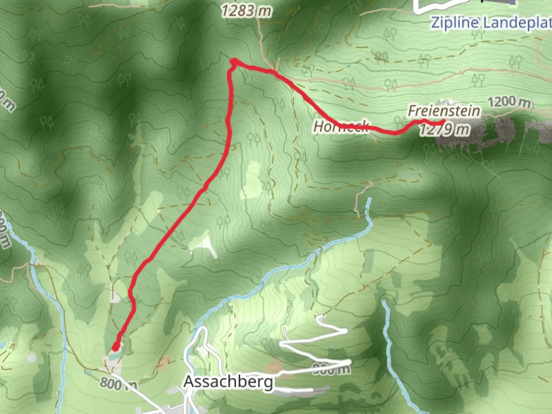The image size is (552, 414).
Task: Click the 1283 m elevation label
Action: point(246,11)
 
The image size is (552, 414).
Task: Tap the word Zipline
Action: point(455,23)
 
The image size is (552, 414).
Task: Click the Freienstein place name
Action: point(444,111)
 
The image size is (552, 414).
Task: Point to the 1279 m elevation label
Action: point(445,130)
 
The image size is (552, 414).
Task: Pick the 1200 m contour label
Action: point(509,102)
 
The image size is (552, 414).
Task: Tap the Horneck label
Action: point(341,126)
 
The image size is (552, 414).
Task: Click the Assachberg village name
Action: point(228,382)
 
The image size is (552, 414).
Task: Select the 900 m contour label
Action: point(331,369)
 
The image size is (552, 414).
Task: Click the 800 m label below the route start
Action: point(118,383)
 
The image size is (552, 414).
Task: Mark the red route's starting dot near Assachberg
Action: point(115,347)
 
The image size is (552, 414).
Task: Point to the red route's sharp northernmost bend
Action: point(233,61)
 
